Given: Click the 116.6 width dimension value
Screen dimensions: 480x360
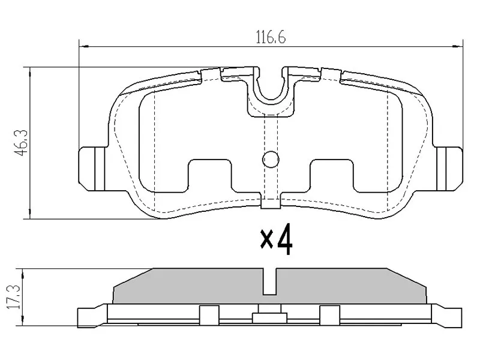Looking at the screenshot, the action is pos(271,38).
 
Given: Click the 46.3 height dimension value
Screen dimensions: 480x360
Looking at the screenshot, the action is pos(22,143).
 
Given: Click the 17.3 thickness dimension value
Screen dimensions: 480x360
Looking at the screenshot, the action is pos(14,296).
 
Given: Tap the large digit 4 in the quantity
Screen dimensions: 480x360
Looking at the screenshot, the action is pos(284,239).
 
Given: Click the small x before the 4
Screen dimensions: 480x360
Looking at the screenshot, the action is pos(266,240).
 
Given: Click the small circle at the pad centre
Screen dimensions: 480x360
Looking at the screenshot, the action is pos(271,160).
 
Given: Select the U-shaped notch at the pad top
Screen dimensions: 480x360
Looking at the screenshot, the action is pos(271,87).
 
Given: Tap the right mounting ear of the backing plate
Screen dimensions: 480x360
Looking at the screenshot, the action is pos(448,169).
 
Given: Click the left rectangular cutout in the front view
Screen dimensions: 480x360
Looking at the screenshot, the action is pos(209,176).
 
